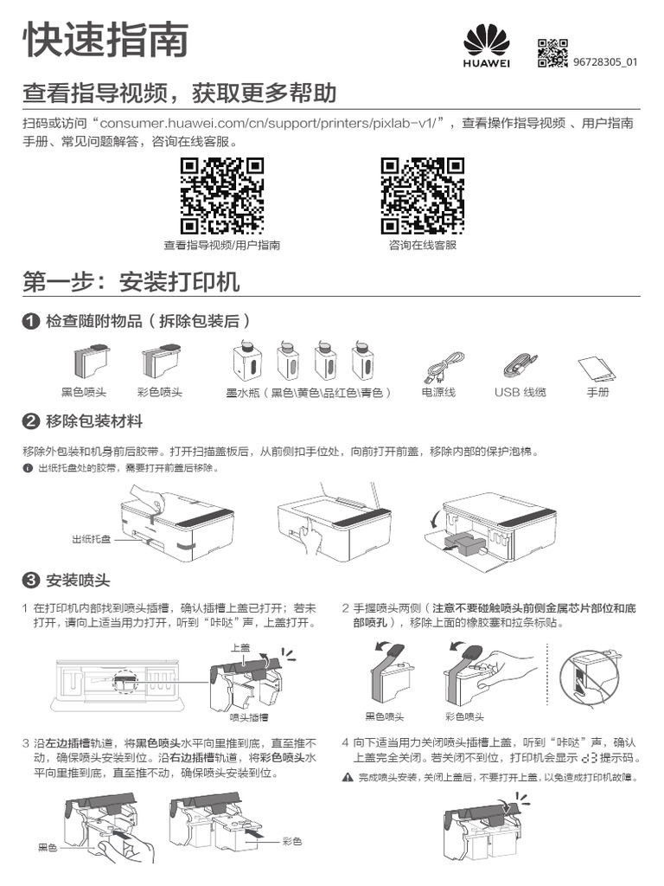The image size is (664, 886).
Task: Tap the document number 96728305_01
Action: pos(605,62)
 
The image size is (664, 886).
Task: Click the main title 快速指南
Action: pos(105,40)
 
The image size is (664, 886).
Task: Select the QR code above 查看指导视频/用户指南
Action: pos(221,196)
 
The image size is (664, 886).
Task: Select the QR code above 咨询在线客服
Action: pos(422,196)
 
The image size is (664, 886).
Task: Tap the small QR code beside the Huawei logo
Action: pos(552,53)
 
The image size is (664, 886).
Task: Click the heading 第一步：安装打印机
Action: pos(131,282)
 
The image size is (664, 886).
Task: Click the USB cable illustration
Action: pos(520,364)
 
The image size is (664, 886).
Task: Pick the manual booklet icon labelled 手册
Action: pos(597,368)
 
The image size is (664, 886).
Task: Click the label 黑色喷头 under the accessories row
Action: pos(84,392)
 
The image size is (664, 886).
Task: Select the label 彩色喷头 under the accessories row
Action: pos(159,392)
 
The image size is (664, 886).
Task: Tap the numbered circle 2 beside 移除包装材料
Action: pos(31,421)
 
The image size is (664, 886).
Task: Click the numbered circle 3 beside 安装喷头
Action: pos(31,579)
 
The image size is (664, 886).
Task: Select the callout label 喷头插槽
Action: pos(248,717)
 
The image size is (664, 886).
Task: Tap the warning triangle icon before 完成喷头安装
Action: pos(348,778)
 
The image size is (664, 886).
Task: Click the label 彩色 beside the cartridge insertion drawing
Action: pos(291,840)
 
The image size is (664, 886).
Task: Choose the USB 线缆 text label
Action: pos(520,392)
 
